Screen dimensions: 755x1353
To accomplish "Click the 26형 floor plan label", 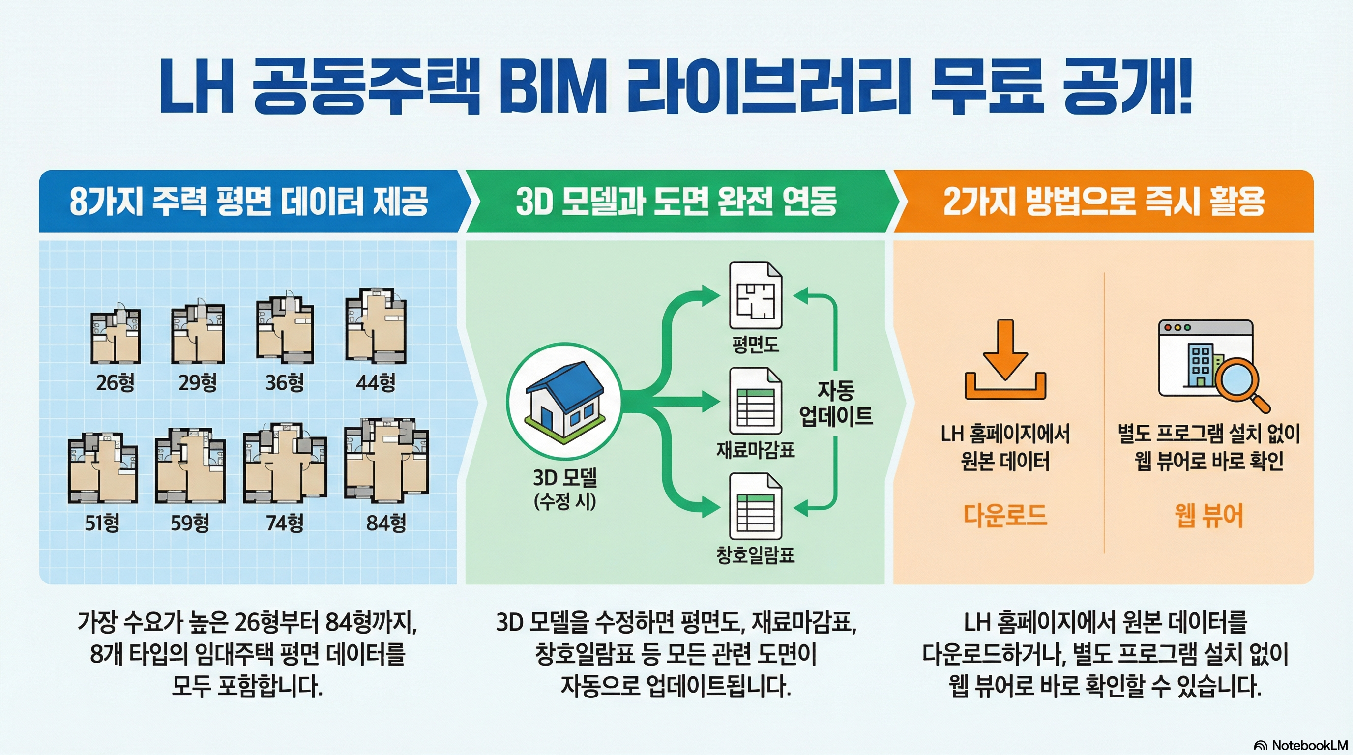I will (115, 382).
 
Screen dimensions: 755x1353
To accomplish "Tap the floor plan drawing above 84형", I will (386, 460).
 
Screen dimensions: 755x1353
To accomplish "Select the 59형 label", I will (190, 523).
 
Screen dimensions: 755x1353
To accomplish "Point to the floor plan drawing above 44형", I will (376, 326).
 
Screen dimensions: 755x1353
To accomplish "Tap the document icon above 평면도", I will (755, 295).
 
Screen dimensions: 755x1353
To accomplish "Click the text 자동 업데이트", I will (836, 403).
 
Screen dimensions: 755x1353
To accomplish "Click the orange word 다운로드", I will (1005, 516).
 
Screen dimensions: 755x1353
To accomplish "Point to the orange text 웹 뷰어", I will (1208, 516).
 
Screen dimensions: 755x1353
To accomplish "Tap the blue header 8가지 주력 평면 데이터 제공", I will (249, 201).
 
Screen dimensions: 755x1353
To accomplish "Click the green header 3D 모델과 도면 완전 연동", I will (676, 201).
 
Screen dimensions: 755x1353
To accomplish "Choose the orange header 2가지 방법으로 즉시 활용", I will (1103, 201).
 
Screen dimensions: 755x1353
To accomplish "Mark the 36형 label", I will (285, 382).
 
